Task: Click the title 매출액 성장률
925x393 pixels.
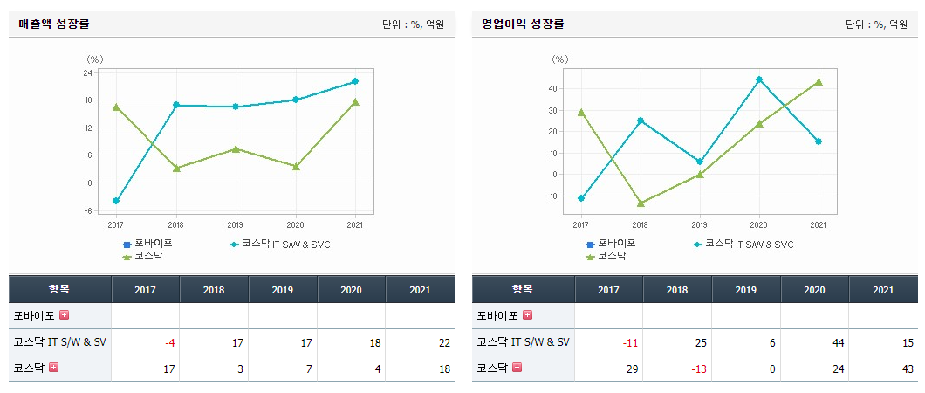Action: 54,24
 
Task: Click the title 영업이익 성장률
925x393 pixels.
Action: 523,24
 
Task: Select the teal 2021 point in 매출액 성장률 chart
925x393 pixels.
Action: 355,81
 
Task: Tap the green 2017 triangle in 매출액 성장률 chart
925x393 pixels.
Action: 116,107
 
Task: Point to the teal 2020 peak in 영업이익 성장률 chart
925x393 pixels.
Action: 759,79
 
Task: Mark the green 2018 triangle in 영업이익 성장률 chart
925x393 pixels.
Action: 641,203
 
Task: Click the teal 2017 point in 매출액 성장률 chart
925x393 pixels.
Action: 116,201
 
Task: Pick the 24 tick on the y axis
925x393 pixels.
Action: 88,72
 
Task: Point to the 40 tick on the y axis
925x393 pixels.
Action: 553,88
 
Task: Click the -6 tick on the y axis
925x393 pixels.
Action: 88,210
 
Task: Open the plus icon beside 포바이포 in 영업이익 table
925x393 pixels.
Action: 527,315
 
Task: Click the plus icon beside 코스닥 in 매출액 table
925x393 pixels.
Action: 54,368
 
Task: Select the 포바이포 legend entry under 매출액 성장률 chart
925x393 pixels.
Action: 147,244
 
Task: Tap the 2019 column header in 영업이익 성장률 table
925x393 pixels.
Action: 746,289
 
